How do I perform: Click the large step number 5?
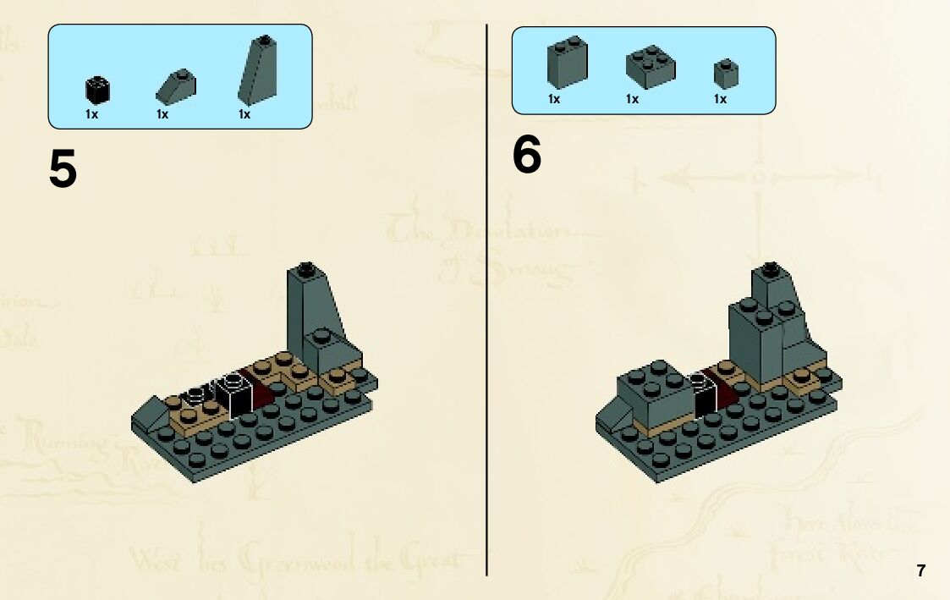63,169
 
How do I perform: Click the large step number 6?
526,156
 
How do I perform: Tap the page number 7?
920,570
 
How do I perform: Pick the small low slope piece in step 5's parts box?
176,85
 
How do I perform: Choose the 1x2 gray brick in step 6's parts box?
567,63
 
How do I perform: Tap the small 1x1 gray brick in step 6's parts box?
726,73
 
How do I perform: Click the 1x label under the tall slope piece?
244,114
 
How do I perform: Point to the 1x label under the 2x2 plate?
632,99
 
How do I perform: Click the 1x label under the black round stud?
91,114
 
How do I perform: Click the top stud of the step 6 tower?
770,271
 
